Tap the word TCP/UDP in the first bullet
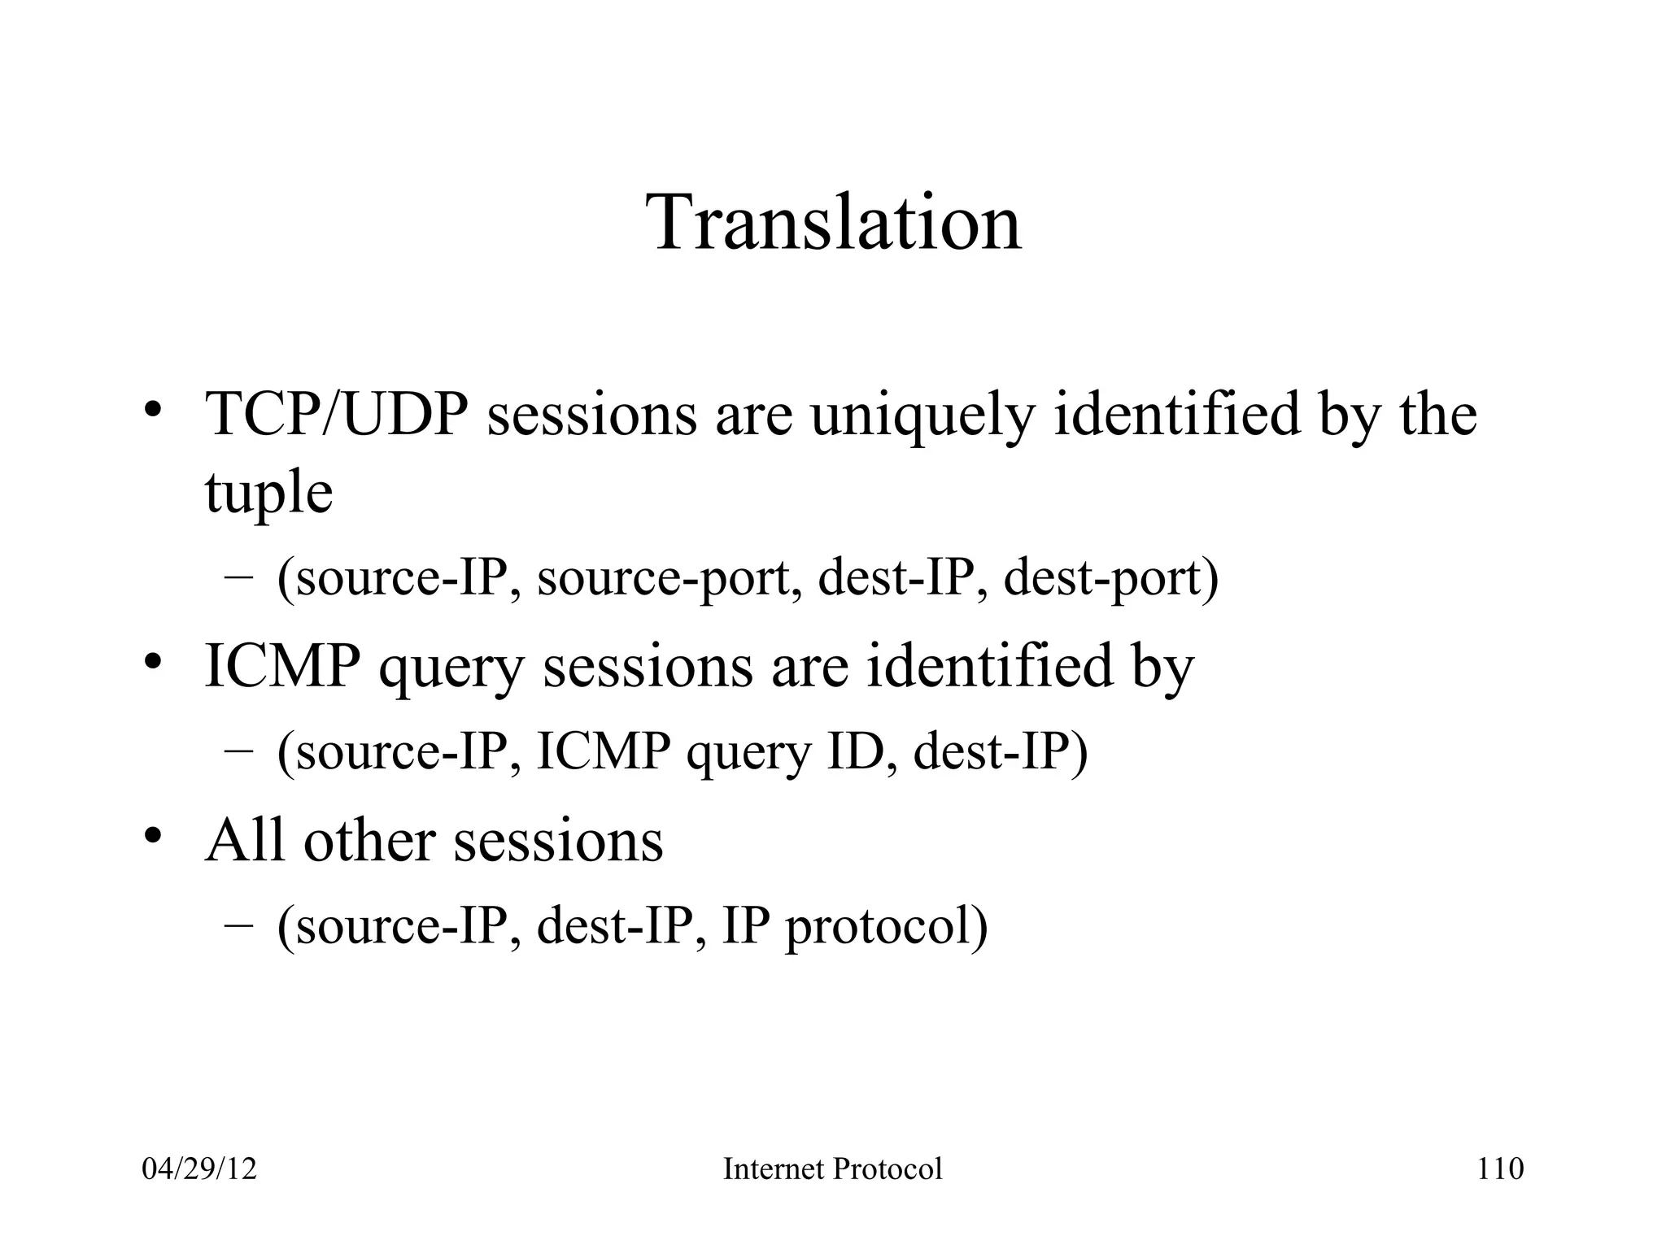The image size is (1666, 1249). (x=337, y=415)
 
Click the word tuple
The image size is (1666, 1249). (x=268, y=493)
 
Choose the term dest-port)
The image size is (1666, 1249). (x=1110, y=579)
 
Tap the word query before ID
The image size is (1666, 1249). (x=748, y=752)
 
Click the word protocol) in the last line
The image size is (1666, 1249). (x=886, y=927)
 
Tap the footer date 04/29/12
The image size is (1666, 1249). (x=199, y=1169)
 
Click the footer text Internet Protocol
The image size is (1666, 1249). (x=832, y=1169)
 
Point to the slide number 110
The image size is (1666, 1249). (x=1499, y=1169)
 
